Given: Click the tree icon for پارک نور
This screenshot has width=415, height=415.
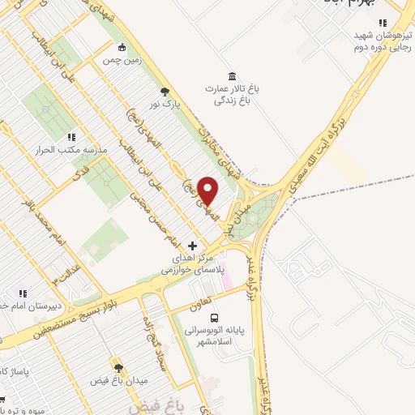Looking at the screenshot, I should coord(165,92).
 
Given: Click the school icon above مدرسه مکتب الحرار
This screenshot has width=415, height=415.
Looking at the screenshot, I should coord(71,138).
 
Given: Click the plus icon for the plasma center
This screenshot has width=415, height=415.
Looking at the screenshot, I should coord(192,245).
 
